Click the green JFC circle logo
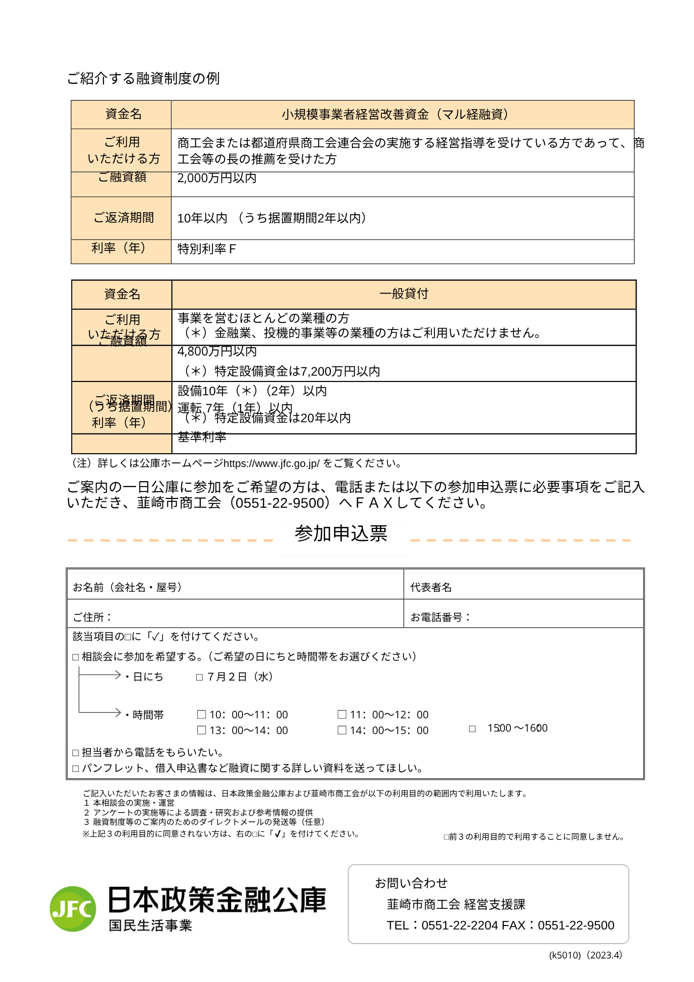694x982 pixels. [73, 909]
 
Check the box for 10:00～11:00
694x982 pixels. [201, 714]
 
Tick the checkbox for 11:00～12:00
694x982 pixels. [342, 714]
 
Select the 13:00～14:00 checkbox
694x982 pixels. [201, 730]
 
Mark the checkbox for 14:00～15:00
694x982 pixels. [342, 730]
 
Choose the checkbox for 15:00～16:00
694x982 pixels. [472, 729]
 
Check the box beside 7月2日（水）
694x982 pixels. [199, 677]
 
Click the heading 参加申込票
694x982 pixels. [341, 534]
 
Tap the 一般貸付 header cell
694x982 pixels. [403, 294]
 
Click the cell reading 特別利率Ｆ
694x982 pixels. [207, 249]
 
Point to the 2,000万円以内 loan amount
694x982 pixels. [217, 178]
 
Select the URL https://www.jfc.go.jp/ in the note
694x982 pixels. [271, 463]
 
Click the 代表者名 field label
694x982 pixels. [431, 587]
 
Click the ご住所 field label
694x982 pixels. [92, 617]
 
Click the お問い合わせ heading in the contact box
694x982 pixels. [411, 883]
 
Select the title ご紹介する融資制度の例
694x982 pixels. [143, 79]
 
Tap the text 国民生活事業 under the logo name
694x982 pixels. [150, 926]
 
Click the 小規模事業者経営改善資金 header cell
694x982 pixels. [402, 115]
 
